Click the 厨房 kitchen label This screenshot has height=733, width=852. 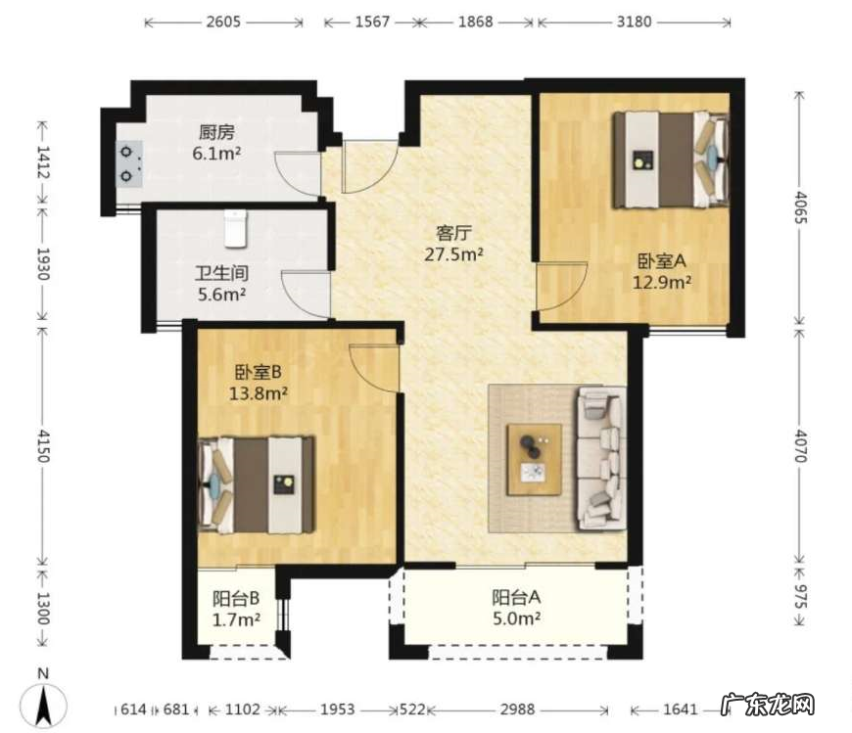point(216,132)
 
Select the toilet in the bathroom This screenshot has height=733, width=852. point(235,229)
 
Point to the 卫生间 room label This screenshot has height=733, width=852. point(221,273)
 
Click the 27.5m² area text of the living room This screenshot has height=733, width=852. point(453,254)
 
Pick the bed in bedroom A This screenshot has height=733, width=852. point(671,160)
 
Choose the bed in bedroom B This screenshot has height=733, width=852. point(257,484)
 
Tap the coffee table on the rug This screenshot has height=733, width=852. point(534,459)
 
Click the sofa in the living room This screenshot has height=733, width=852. point(601,458)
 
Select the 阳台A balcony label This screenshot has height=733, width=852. point(516,597)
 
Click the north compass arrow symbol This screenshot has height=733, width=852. point(43,705)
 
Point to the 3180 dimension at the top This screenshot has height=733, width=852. point(635,22)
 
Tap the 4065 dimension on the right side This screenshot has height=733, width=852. point(801,206)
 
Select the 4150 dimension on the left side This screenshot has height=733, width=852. point(43,446)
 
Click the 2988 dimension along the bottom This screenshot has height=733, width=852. point(518,710)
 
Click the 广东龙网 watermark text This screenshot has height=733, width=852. point(768,706)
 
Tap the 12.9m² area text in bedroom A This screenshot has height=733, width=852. point(662,283)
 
